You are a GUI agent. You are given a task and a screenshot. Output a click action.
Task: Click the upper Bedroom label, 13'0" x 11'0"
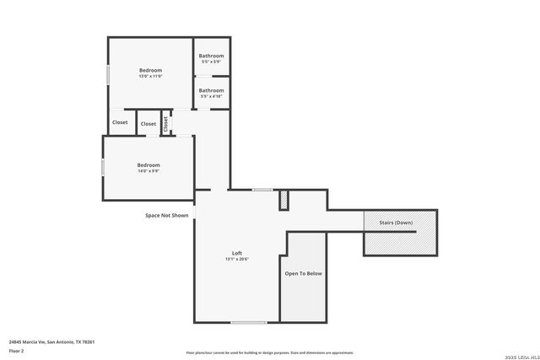pyautogui.click(x=150, y=70)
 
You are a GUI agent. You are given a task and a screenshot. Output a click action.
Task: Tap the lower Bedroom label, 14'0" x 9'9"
pyautogui.click(x=148, y=165)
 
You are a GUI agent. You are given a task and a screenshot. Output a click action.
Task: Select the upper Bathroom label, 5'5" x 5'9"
pyautogui.click(x=211, y=56)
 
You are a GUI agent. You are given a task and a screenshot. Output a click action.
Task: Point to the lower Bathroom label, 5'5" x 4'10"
pyautogui.click(x=211, y=90)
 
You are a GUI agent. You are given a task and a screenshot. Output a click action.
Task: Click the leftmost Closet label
pyautogui.click(x=120, y=122)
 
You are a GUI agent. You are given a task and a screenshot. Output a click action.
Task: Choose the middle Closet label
pyautogui.click(x=148, y=124)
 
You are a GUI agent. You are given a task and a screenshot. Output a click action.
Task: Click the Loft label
pyautogui.click(x=237, y=253)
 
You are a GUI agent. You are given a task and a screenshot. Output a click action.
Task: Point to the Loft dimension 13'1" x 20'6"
pyautogui.click(x=237, y=259)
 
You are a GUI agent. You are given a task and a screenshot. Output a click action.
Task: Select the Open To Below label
pyautogui.click(x=303, y=273)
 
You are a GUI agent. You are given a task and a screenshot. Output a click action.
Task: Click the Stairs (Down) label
pyautogui.click(x=396, y=223)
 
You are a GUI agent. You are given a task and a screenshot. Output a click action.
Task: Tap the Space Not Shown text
pyautogui.click(x=166, y=215)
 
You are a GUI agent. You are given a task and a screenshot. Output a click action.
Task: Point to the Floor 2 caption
pyautogui.click(x=16, y=350)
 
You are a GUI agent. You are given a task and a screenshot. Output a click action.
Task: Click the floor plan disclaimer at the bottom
pyautogui.click(x=269, y=352)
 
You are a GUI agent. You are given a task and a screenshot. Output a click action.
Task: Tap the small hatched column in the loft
pyautogui.click(x=283, y=200)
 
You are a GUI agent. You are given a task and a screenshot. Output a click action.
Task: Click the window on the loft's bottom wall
pyautogui.click(x=249, y=322)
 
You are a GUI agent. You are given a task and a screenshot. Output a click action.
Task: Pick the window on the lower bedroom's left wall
pyautogui.click(x=103, y=166)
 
